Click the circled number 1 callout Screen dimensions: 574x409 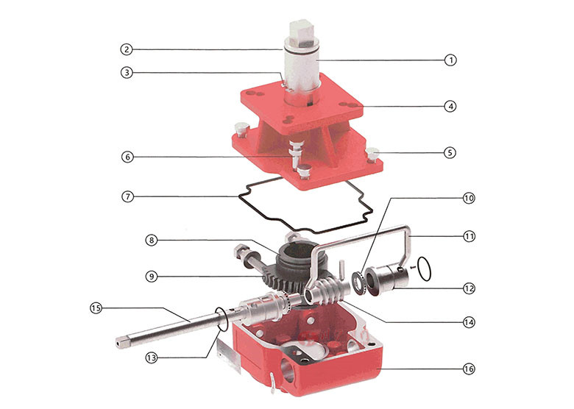click(450, 60)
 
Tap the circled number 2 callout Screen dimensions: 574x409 click(127, 49)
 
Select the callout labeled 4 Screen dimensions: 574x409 click(450, 107)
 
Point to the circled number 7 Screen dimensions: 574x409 click(127, 196)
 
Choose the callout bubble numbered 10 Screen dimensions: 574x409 click(469, 199)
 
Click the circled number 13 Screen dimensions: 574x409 click(151, 358)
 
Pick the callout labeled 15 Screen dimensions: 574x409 click(96, 308)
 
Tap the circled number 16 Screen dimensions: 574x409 click(469, 369)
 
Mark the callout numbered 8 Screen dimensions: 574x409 click(152, 241)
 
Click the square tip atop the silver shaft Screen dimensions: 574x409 click(300, 34)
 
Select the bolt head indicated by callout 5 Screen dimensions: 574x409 click(373, 154)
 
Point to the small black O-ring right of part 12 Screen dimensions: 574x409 click(424, 269)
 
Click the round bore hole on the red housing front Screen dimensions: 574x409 click(288, 371)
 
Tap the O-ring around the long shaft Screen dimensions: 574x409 click(222, 319)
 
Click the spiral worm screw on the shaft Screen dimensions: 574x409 click(330, 288)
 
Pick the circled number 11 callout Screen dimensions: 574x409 click(469, 236)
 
